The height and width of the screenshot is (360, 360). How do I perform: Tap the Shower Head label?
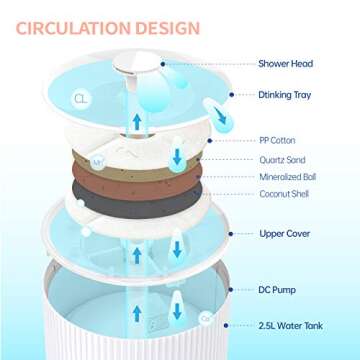[285, 64]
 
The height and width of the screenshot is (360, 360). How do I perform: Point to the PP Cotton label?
[277, 141]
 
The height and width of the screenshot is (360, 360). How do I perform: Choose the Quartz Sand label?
[281, 159]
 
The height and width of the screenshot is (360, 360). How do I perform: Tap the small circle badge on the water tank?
[206, 317]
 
